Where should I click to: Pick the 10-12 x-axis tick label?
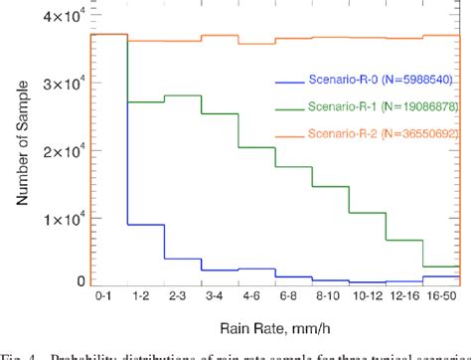[363, 297]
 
